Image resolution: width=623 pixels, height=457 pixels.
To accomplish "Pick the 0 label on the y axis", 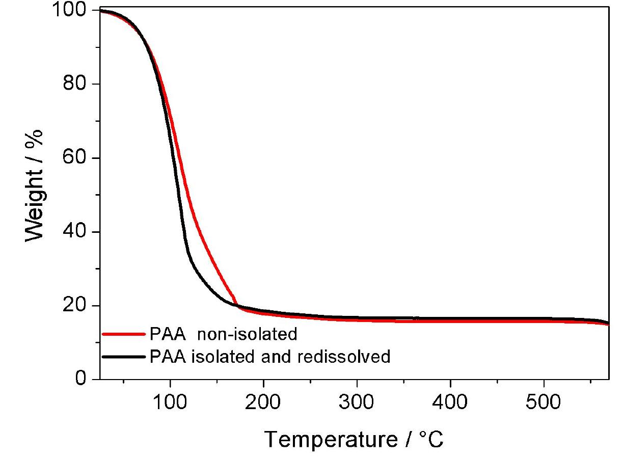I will pyautogui.click(x=82, y=380).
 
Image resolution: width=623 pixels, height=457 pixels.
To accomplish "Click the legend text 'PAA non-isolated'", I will pyautogui.click(x=223, y=335).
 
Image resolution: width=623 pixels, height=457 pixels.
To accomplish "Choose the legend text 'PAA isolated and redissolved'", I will pyautogui.click(x=270, y=357).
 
